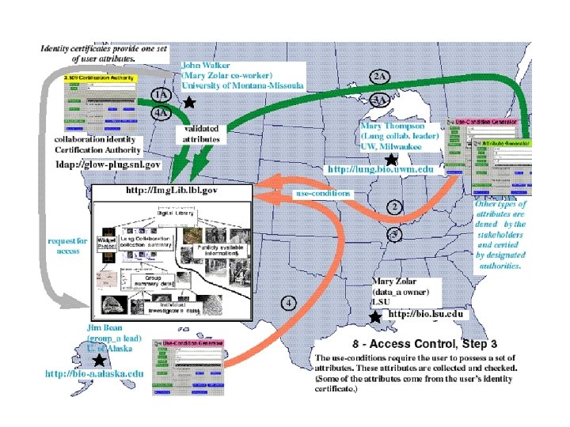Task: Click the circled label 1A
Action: (x=161, y=95)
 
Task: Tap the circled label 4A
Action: (x=161, y=112)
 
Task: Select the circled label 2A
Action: (x=379, y=77)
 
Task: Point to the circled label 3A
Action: (x=379, y=100)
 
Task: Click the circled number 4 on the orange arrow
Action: (x=290, y=301)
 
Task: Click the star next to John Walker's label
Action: (x=189, y=102)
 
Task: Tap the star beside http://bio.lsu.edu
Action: (x=375, y=315)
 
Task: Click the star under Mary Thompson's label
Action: (x=390, y=159)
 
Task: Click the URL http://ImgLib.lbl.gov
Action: (x=172, y=191)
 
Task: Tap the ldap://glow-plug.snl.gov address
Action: (x=108, y=164)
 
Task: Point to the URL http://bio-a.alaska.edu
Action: (x=94, y=373)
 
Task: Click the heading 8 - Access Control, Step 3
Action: (x=424, y=344)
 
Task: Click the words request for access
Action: (x=66, y=245)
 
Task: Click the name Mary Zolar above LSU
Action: (x=393, y=282)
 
